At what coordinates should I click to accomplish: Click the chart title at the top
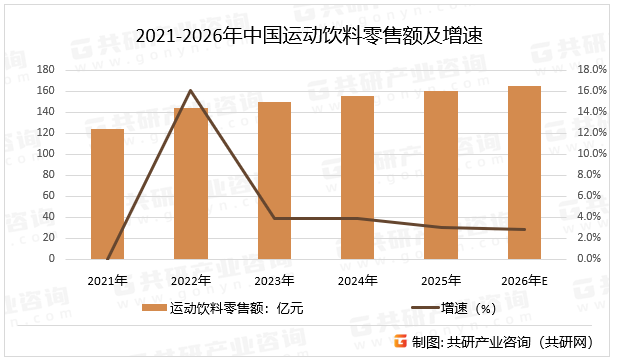(x=308, y=37)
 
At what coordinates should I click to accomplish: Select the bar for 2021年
(x=107, y=194)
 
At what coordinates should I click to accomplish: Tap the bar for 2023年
(x=274, y=180)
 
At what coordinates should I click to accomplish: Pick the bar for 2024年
(x=357, y=177)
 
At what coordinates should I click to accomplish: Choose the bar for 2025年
(x=441, y=175)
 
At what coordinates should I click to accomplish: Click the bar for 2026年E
(x=524, y=172)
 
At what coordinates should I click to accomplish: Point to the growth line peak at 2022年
(x=190, y=91)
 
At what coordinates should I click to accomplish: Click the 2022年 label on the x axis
(x=190, y=280)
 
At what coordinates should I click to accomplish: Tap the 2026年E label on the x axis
(x=525, y=280)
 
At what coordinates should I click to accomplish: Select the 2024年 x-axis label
(x=357, y=280)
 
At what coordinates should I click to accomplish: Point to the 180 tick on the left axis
(x=73, y=70)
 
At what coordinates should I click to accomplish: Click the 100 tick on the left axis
(x=73, y=154)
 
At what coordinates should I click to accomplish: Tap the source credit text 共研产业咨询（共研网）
(x=526, y=342)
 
